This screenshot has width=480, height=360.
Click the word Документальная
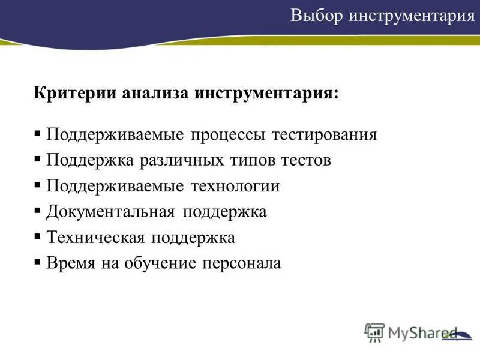111,212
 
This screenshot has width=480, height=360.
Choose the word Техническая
96,238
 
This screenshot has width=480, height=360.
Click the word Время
69,263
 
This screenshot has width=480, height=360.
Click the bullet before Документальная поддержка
38,212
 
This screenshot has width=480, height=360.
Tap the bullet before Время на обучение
38,263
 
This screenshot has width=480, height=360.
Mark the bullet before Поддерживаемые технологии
38,186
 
